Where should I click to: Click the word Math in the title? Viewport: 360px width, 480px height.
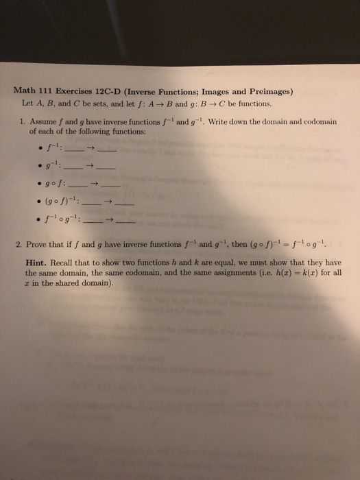coord(26,92)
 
